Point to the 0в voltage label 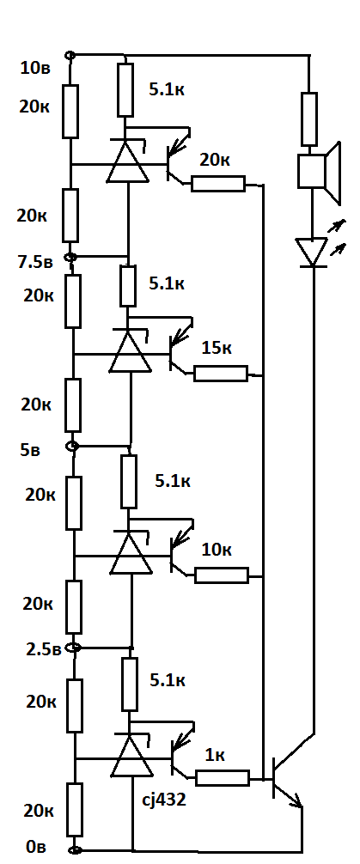tap(36, 848)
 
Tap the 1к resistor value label tap(215, 756)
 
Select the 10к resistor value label tap(217, 550)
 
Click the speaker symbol tap(319, 172)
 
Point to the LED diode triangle tap(312, 253)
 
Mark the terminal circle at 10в tap(70, 55)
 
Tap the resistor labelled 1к tap(223, 778)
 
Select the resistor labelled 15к tap(221, 374)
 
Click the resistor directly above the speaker tap(309, 119)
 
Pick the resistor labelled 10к tap(222, 575)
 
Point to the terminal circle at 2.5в tap(74, 648)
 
